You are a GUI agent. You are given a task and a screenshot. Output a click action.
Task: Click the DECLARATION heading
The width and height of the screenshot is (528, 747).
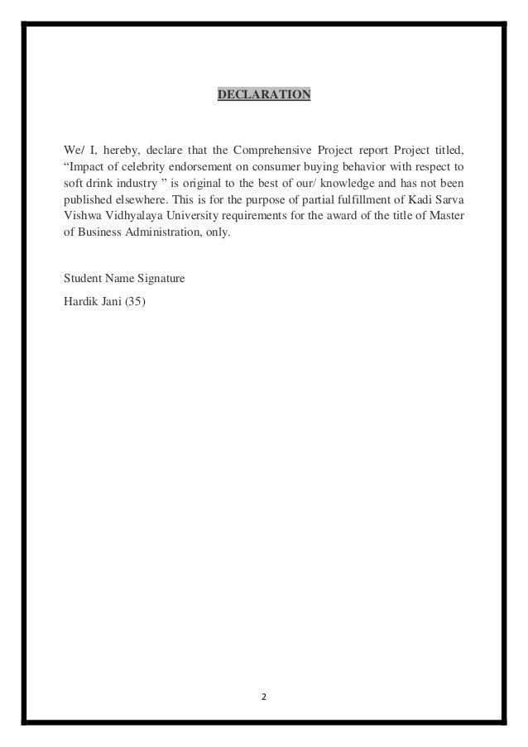263,95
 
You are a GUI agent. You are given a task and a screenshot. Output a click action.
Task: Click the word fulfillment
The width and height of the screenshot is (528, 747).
355,199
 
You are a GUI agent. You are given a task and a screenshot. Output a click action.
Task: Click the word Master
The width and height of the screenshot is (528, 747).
448,215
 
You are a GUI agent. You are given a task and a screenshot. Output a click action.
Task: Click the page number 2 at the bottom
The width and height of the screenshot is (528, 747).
264,697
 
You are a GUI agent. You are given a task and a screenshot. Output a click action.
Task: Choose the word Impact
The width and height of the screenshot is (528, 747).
88,166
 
